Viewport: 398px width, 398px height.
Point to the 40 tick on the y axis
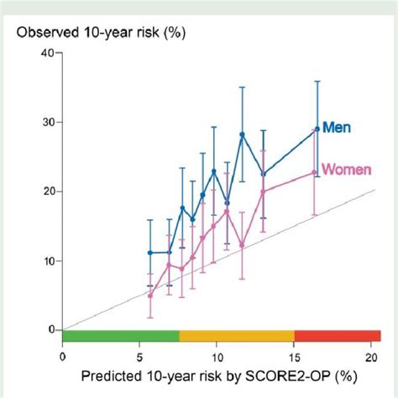46,53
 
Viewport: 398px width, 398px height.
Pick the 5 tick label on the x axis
140,354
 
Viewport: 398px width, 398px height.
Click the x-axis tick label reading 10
217,354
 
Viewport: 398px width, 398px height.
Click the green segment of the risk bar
121,336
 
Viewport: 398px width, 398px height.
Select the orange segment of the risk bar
237,336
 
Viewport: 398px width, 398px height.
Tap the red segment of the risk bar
336,336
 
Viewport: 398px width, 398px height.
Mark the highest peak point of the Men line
242,134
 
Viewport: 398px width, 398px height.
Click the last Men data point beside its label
317,129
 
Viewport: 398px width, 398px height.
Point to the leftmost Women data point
150,295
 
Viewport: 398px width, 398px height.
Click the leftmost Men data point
150,253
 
